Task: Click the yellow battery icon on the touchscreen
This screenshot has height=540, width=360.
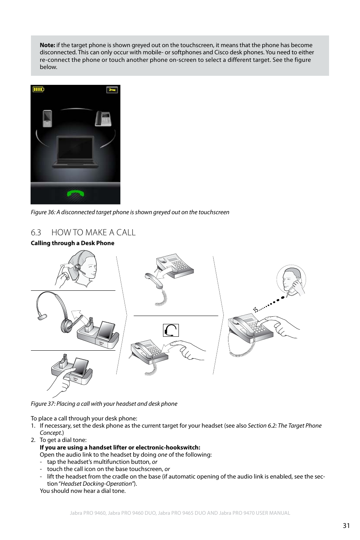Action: click(x=38, y=89)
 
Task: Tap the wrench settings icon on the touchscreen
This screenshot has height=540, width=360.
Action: click(x=112, y=90)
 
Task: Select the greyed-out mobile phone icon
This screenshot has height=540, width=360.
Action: click(x=47, y=118)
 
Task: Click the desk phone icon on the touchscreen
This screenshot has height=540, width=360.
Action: click(x=103, y=118)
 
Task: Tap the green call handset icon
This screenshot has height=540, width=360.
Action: click(x=75, y=194)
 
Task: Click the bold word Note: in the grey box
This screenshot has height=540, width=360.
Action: click(x=48, y=45)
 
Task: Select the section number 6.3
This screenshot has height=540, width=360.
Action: click(x=36, y=233)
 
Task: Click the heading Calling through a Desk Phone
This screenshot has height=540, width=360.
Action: click(x=72, y=243)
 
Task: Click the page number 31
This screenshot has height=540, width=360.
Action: click(x=346, y=526)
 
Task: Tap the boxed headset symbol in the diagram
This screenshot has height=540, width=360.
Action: click(x=171, y=330)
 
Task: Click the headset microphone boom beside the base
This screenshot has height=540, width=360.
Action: click(x=42, y=317)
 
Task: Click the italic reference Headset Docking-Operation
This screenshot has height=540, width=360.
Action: click(x=96, y=484)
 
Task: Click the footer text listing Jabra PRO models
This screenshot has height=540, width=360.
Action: click(x=180, y=513)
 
